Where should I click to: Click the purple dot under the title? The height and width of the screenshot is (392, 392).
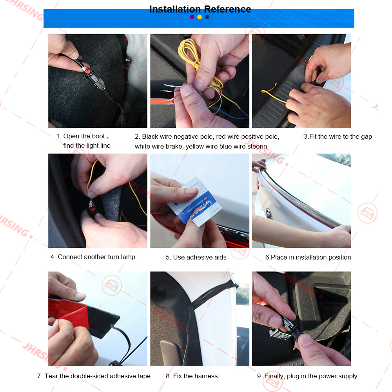tap(192, 17)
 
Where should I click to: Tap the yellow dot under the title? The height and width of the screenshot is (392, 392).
tap(200, 17)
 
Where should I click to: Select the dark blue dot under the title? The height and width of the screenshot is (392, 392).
tap(207, 17)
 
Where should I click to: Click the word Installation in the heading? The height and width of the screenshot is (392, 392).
tap(175, 9)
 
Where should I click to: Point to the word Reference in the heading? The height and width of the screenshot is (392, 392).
tap(227, 9)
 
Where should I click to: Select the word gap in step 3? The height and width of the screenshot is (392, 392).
tap(367, 137)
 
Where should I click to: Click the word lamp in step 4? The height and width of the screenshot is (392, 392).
tap(128, 257)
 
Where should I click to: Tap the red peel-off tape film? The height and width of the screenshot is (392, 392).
tap(69, 313)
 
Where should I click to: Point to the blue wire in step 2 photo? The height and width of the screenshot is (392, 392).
tap(230, 114)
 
